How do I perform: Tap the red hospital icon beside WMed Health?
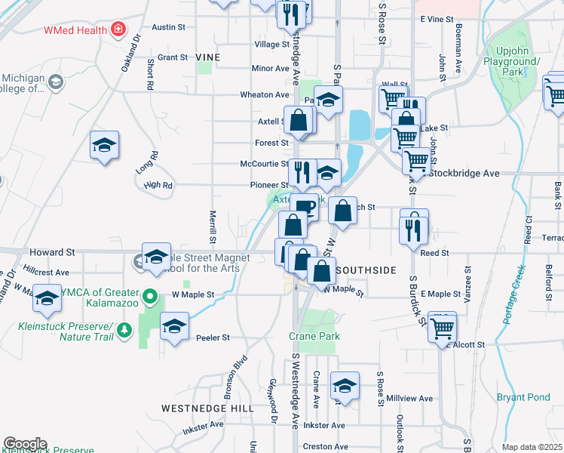point(117,30)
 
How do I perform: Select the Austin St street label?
point(168,26)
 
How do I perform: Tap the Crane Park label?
point(314,336)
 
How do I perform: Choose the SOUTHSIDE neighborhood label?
point(367,270)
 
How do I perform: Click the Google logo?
point(25,444)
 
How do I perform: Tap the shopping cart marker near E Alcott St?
point(442,327)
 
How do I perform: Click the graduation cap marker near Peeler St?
point(174,327)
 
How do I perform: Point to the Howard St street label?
point(52,251)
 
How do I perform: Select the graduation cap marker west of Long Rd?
point(104,145)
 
